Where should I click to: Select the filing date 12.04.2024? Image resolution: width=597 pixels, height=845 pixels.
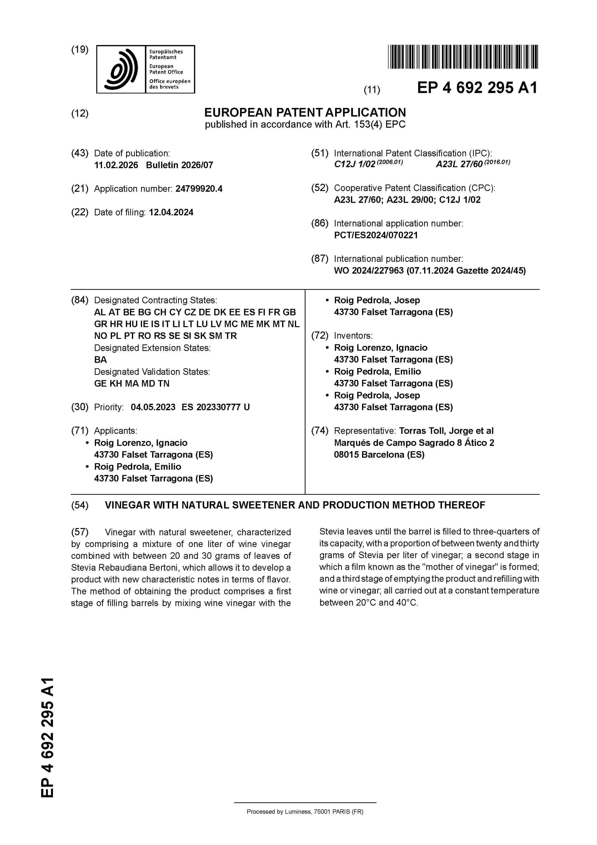171,212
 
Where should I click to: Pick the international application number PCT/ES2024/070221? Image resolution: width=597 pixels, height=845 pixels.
376,235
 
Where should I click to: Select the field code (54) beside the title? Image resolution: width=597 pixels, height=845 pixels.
80,505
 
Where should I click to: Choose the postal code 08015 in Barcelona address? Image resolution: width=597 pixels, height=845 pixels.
346,455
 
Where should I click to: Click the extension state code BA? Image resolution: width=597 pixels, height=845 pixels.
100,360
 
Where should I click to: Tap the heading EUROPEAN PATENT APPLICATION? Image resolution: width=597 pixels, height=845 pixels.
305,112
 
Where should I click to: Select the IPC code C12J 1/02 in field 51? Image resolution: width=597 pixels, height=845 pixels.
354,165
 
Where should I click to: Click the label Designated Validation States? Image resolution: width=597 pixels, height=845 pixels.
152,372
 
